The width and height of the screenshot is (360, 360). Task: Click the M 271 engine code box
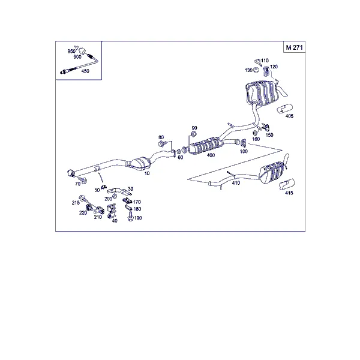(294, 47)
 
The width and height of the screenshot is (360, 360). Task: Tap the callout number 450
(85, 71)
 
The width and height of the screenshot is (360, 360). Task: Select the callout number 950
(71, 51)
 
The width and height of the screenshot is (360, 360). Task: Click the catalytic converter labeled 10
(139, 163)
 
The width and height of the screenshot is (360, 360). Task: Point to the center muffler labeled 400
(206, 145)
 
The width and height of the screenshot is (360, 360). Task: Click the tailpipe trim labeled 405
(284, 109)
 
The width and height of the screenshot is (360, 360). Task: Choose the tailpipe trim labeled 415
(287, 184)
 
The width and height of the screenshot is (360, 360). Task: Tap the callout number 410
(236, 183)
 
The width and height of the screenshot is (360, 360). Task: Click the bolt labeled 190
(130, 216)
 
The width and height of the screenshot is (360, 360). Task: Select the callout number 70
(77, 184)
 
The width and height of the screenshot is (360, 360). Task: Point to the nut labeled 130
(256, 70)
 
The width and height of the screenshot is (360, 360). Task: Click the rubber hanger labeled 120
(266, 71)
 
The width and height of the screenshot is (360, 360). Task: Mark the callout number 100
(244, 151)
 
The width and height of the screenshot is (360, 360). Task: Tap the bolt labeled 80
(162, 145)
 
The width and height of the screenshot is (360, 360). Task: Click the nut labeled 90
(194, 134)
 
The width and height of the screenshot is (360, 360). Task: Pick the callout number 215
(76, 203)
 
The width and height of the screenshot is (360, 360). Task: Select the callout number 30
(130, 189)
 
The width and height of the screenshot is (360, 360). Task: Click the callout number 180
(137, 209)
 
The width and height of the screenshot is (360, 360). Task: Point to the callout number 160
(256, 139)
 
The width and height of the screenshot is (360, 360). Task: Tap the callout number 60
(181, 157)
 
